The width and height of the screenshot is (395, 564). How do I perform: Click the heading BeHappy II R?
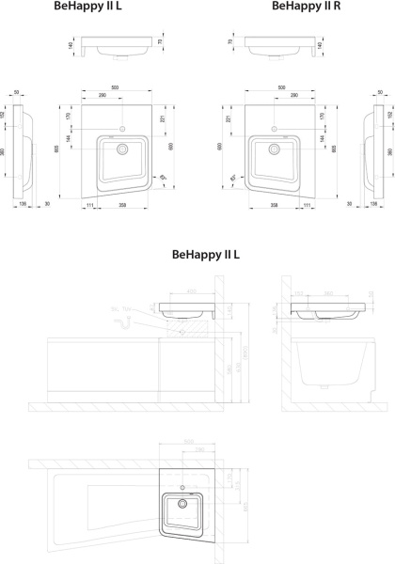pos(306,6)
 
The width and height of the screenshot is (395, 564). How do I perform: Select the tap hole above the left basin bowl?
pos(122,127)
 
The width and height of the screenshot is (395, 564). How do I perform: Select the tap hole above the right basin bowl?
pos(272,127)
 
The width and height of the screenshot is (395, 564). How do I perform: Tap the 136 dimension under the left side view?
pos(21,203)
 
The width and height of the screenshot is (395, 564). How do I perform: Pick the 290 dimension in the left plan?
pos(100,97)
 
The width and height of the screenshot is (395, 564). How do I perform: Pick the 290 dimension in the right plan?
pos(294,97)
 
